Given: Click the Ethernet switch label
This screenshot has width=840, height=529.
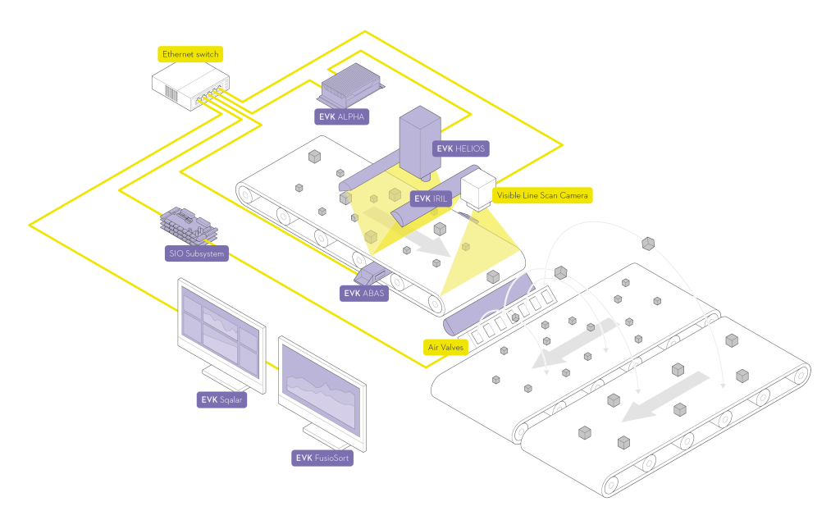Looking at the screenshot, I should tap(190, 54).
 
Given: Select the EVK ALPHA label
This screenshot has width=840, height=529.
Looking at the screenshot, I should tap(342, 116).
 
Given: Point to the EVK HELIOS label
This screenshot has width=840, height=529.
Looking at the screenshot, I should tap(461, 148).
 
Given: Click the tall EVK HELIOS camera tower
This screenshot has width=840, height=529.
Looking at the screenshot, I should tap(420, 139).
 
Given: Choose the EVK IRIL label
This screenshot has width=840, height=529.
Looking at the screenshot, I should tap(434, 198).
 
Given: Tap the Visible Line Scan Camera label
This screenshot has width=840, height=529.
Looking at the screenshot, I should tap(542, 196).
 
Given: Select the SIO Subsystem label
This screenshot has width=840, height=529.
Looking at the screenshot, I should tap(196, 253).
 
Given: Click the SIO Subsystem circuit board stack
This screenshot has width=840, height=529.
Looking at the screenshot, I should tap(188, 224).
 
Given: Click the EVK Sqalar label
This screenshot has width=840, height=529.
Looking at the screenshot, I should tap(221, 400).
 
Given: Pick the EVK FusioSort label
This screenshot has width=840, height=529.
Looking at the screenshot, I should tap(322, 458).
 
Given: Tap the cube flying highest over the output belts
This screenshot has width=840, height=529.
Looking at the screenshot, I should tap(648, 242).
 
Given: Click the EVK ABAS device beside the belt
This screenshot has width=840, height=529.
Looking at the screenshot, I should tap(372, 274).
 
